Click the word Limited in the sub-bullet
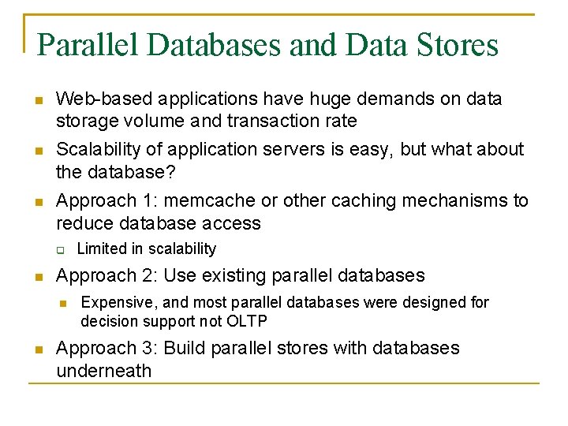click(x=100, y=249)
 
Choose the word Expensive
click(x=116, y=302)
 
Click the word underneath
click(x=103, y=371)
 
